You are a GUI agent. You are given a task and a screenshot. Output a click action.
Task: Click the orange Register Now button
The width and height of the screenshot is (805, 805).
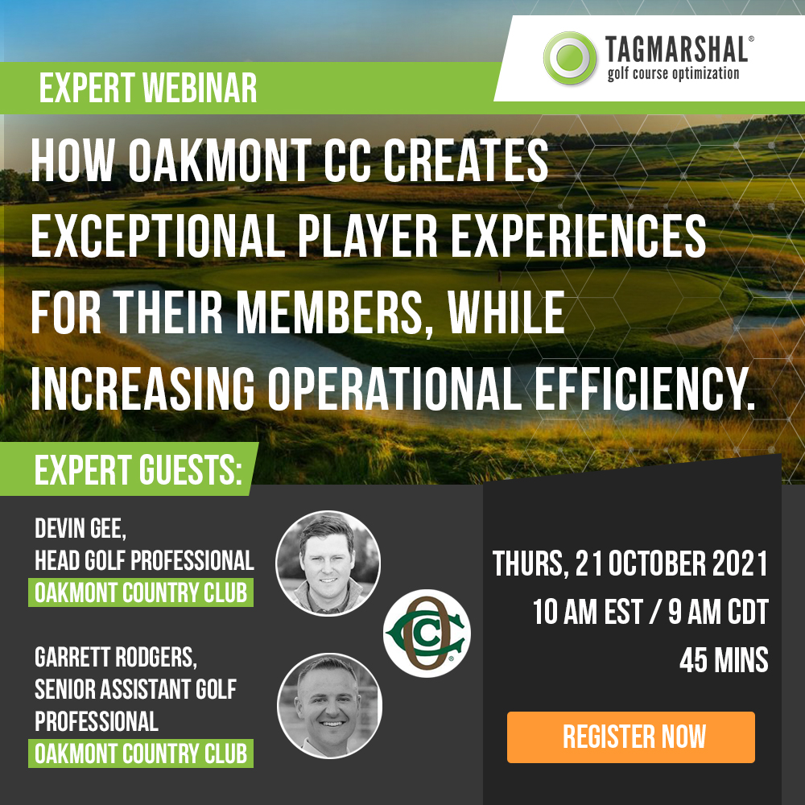(631, 737)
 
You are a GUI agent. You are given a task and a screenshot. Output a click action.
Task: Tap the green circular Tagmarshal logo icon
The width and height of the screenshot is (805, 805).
(570, 57)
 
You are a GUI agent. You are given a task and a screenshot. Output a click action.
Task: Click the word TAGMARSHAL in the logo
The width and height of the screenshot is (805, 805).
(678, 49)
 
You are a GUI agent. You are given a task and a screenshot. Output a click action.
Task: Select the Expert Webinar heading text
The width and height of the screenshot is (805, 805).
(148, 88)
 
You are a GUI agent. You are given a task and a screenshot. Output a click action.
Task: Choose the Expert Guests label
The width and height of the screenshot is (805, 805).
(138, 469)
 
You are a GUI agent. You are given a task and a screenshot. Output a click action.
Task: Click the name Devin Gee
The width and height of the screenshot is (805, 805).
(80, 528)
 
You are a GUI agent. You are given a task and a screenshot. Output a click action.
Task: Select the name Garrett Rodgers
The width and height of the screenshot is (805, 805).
(116, 657)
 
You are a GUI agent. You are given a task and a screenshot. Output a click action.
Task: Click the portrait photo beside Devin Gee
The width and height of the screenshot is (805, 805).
(328, 563)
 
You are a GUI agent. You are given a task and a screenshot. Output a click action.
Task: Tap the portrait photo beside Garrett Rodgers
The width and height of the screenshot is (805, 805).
(329, 705)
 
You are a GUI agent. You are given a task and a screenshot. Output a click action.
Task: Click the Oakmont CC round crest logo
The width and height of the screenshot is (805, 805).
(427, 633)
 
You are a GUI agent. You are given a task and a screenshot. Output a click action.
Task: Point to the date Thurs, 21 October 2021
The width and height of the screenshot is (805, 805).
(630, 563)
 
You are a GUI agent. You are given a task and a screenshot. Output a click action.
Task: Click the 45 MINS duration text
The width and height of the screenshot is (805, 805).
(724, 660)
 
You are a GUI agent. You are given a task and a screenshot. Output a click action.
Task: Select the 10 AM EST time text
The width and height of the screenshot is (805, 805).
(588, 612)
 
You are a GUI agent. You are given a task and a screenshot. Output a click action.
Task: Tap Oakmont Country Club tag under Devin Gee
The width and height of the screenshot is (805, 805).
(141, 592)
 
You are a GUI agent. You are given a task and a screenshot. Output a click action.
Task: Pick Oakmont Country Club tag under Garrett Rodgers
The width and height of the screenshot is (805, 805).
(141, 753)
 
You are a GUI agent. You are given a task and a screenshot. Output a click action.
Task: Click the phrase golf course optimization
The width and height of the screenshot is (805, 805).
(673, 73)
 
